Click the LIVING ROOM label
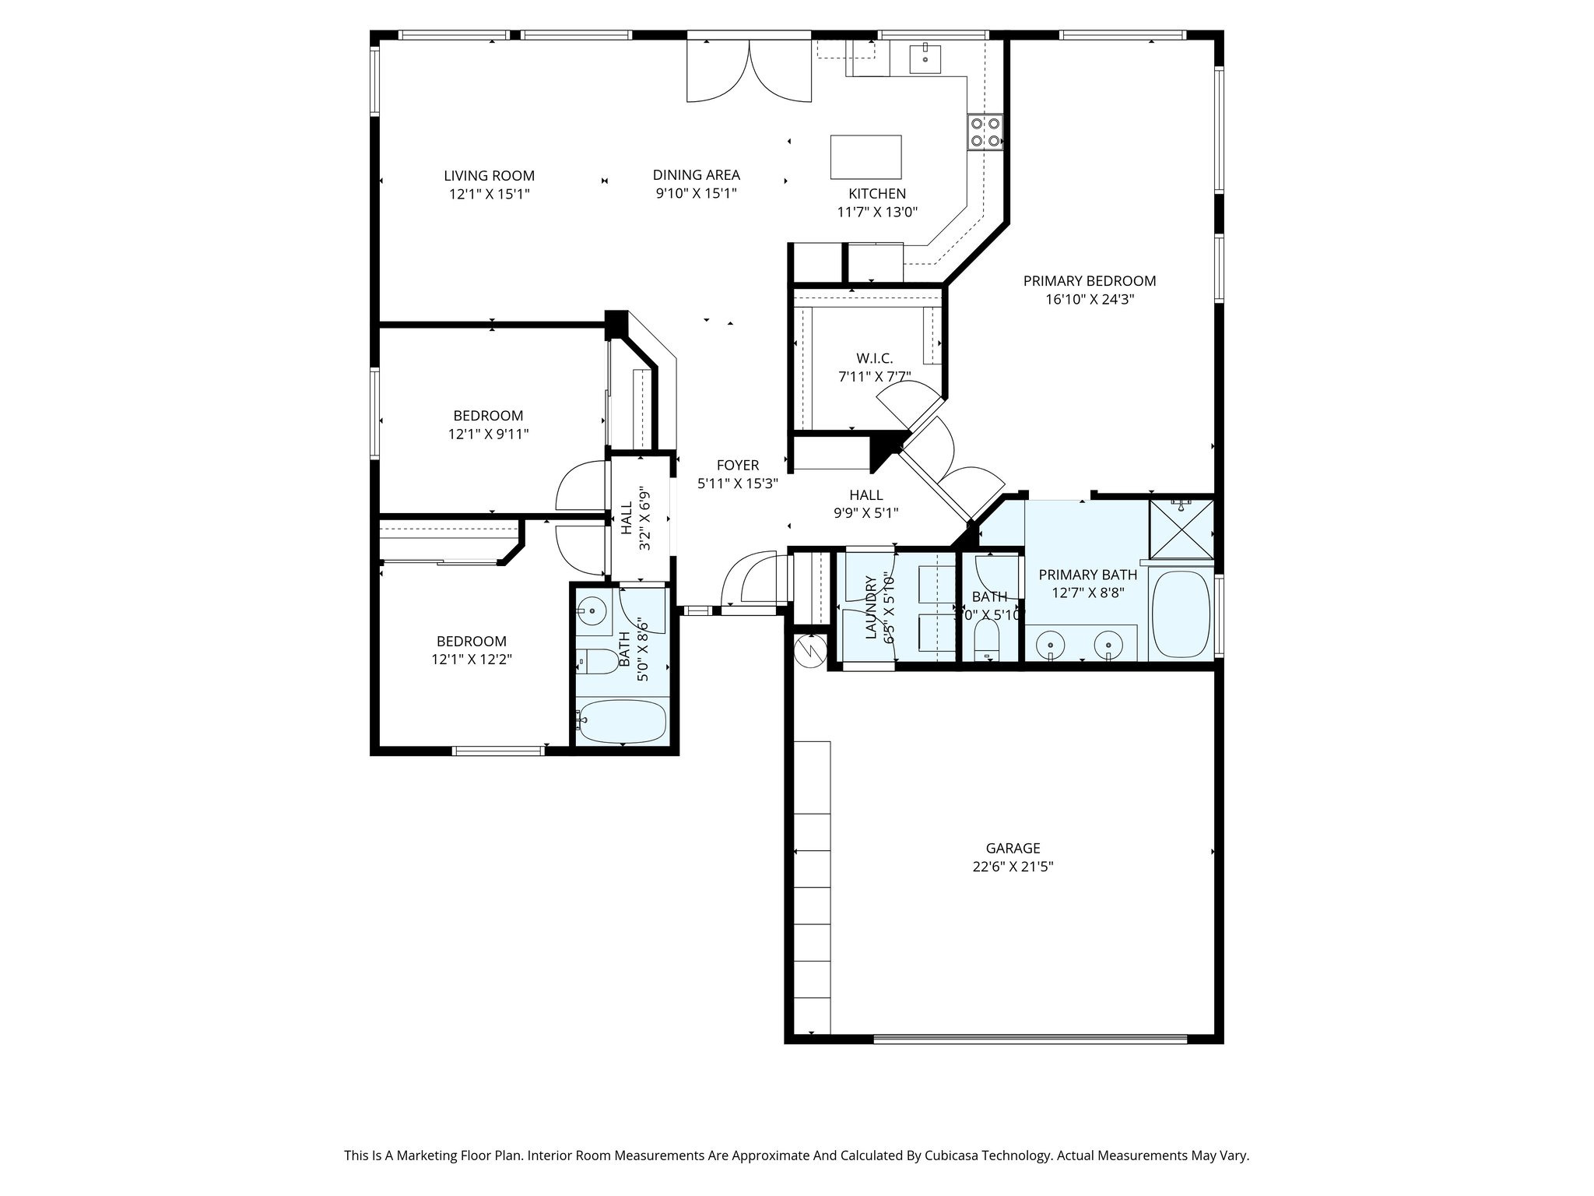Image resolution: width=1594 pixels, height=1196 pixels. click(489, 176)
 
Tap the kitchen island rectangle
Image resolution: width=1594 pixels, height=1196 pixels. click(865, 157)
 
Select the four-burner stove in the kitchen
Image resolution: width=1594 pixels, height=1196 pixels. click(985, 132)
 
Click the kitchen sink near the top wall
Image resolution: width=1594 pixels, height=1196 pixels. click(925, 58)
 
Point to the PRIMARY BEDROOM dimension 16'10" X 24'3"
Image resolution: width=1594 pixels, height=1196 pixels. click(1089, 299)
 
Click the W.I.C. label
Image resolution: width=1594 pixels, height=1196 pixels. click(874, 358)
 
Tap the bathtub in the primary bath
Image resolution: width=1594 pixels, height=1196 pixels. click(1181, 615)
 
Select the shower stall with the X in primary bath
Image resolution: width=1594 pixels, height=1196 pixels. click(1181, 529)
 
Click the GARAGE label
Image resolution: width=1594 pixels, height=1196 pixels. click(1013, 848)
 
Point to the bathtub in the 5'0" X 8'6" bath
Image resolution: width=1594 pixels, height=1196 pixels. click(623, 722)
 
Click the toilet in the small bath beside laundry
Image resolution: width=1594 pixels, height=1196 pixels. click(987, 643)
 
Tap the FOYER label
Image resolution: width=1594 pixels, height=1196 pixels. click(737, 466)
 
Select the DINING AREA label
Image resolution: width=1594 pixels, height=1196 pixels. click(696, 175)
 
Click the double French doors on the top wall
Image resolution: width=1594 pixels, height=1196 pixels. click(749, 70)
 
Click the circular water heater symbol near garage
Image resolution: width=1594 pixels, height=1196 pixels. click(809, 648)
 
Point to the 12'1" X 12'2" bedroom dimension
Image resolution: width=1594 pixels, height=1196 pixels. click(472, 660)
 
